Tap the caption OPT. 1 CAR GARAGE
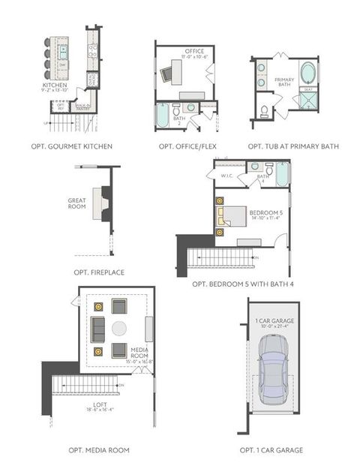click(271, 450)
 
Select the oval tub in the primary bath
click(308, 75)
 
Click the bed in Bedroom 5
click(233, 216)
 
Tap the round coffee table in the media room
click(120, 329)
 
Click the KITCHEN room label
click(55, 86)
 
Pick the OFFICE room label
click(194, 52)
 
